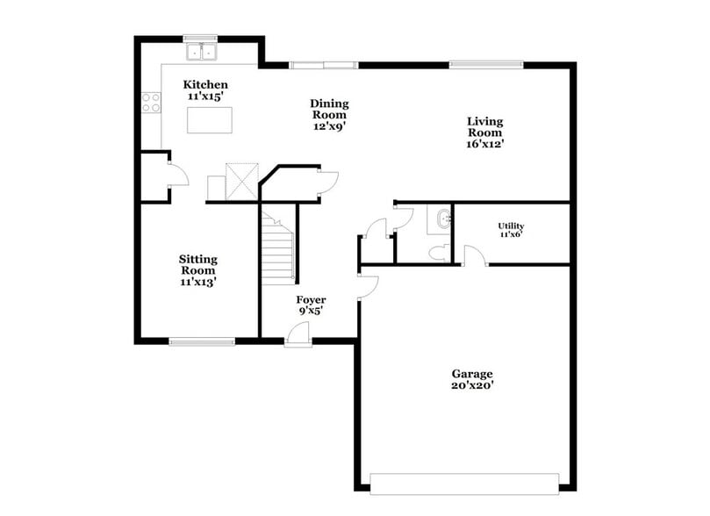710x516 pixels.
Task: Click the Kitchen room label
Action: pos(205,90)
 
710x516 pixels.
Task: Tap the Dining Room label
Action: pos(328,114)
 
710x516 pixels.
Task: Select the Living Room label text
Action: pos(484,133)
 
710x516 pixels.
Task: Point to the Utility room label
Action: pos(511,230)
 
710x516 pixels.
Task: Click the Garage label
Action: pos(472,379)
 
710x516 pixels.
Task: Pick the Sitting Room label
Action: pos(197,270)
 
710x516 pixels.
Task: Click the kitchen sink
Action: pos(201,52)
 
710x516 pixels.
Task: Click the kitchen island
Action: pos(209,119)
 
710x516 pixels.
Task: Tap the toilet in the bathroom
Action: pos(439,253)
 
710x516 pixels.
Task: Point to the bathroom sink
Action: pos(440,219)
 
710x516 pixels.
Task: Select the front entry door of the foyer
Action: pos(298,334)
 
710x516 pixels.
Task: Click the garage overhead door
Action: pos(464,484)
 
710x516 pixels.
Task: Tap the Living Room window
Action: pos(486,64)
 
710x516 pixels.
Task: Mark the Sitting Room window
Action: pos(202,341)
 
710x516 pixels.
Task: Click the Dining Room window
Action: pos(324,64)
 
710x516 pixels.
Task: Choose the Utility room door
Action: pos(474,256)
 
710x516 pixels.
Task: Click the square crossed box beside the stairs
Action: pos(241,181)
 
